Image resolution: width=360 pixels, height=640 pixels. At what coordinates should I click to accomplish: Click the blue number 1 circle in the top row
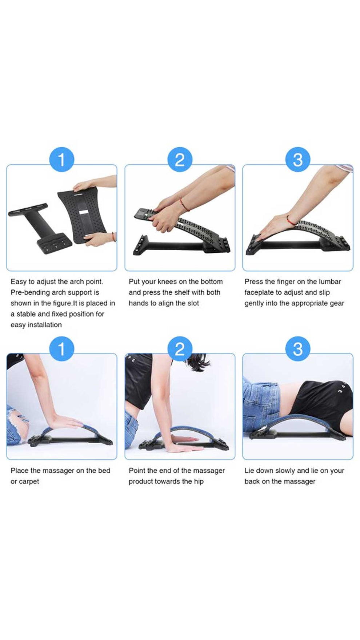point(61,160)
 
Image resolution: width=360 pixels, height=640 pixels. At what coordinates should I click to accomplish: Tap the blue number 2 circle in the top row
point(180,160)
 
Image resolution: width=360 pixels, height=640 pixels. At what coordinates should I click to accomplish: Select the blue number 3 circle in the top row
point(298,160)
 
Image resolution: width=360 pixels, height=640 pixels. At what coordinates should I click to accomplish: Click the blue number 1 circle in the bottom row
point(61,349)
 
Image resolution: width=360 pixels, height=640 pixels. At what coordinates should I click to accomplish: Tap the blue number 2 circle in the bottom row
point(180,349)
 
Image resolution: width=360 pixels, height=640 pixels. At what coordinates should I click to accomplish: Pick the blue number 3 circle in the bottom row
point(298,349)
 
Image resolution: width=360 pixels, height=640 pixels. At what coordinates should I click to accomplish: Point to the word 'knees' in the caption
point(167,281)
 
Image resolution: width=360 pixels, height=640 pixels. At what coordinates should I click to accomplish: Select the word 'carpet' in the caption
point(29,481)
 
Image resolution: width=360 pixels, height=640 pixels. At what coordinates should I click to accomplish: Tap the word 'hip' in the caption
point(199,481)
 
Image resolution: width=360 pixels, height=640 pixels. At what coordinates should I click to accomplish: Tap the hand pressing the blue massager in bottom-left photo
point(65,424)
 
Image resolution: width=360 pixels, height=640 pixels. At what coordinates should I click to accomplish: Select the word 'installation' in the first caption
point(43,325)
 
